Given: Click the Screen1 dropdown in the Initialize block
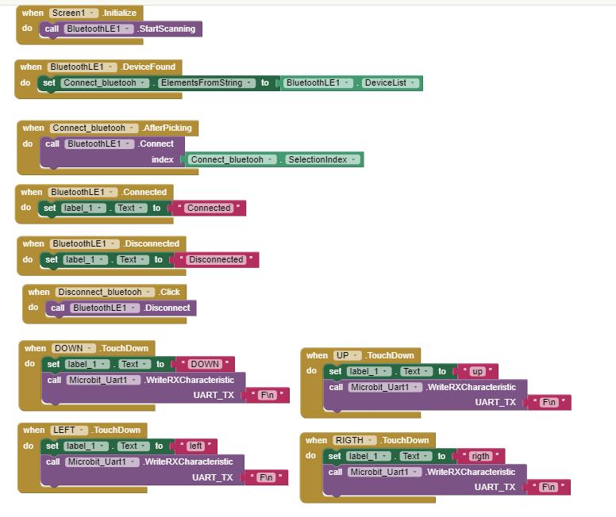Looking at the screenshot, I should [x=73, y=13].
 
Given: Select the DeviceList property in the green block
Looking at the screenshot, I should [x=390, y=82].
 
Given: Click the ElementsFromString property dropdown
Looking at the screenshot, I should [x=206, y=82].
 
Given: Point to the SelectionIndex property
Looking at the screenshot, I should [x=321, y=159].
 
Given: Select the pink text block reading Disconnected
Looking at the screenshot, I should [x=216, y=259].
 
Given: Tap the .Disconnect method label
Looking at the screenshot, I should [x=167, y=308].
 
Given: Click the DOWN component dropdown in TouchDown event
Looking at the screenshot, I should [x=72, y=348].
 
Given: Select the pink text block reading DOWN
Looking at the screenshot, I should [x=205, y=364].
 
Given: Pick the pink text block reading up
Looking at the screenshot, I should [x=477, y=371].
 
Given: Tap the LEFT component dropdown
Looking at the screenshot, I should [x=67, y=430].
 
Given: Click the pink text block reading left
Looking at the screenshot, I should [x=195, y=446].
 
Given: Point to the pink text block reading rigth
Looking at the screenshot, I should [x=480, y=456].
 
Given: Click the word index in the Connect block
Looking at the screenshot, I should [x=163, y=159].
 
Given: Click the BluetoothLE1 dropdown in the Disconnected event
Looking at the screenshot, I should [x=80, y=243].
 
